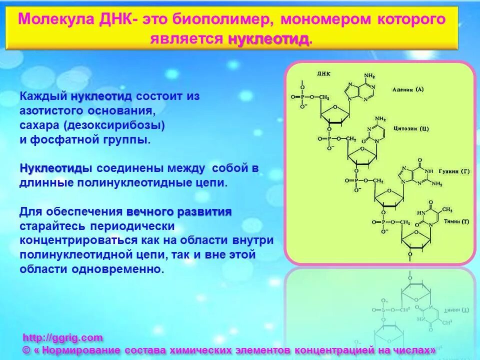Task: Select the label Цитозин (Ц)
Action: coord(411,128)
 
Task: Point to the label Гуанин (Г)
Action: coord(453,171)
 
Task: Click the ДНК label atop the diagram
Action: coord(324,73)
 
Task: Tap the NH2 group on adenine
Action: coord(369,75)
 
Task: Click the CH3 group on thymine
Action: coord(447,209)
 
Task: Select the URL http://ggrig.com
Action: coord(63,337)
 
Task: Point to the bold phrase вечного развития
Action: coord(179,211)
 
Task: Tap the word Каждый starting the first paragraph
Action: coord(43,95)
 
